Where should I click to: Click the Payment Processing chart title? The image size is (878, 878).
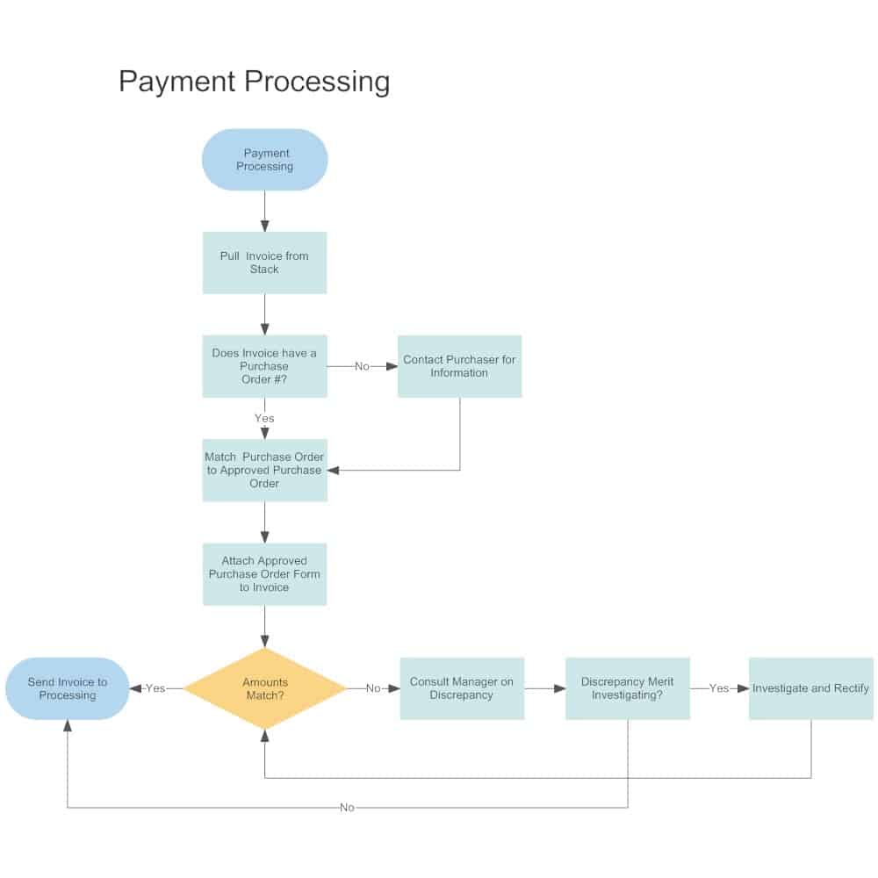pos(254,82)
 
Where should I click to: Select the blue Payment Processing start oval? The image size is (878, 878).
pos(264,160)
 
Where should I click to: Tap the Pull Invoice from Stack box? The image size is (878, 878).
pos(264,263)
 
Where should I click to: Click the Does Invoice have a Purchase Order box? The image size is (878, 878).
pos(264,366)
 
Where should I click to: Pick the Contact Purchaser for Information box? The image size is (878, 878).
pos(459,366)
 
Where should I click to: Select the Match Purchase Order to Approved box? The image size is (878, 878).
pos(264,470)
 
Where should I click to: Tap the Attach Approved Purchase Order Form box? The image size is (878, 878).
pos(264,574)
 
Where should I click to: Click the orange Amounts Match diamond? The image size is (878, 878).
pos(264,688)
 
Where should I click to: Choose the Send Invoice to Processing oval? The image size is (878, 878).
pos(68,688)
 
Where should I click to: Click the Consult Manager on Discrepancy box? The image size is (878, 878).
pos(462,688)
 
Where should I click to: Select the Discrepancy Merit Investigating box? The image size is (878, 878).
pos(627,688)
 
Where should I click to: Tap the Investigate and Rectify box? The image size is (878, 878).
pos(810,688)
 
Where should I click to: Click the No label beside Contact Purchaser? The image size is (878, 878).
pos(362,366)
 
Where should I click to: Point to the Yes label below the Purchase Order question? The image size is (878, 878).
pos(264,418)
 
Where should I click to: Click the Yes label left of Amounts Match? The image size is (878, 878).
pos(155,688)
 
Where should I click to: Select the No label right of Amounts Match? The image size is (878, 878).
pos(373,688)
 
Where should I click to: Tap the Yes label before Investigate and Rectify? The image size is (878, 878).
pos(718,688)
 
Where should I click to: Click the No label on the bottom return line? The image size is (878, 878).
pos(347,808)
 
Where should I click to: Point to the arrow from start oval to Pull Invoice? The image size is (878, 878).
pos(264,212)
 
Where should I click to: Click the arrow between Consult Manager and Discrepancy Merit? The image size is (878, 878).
pos(545,688)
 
